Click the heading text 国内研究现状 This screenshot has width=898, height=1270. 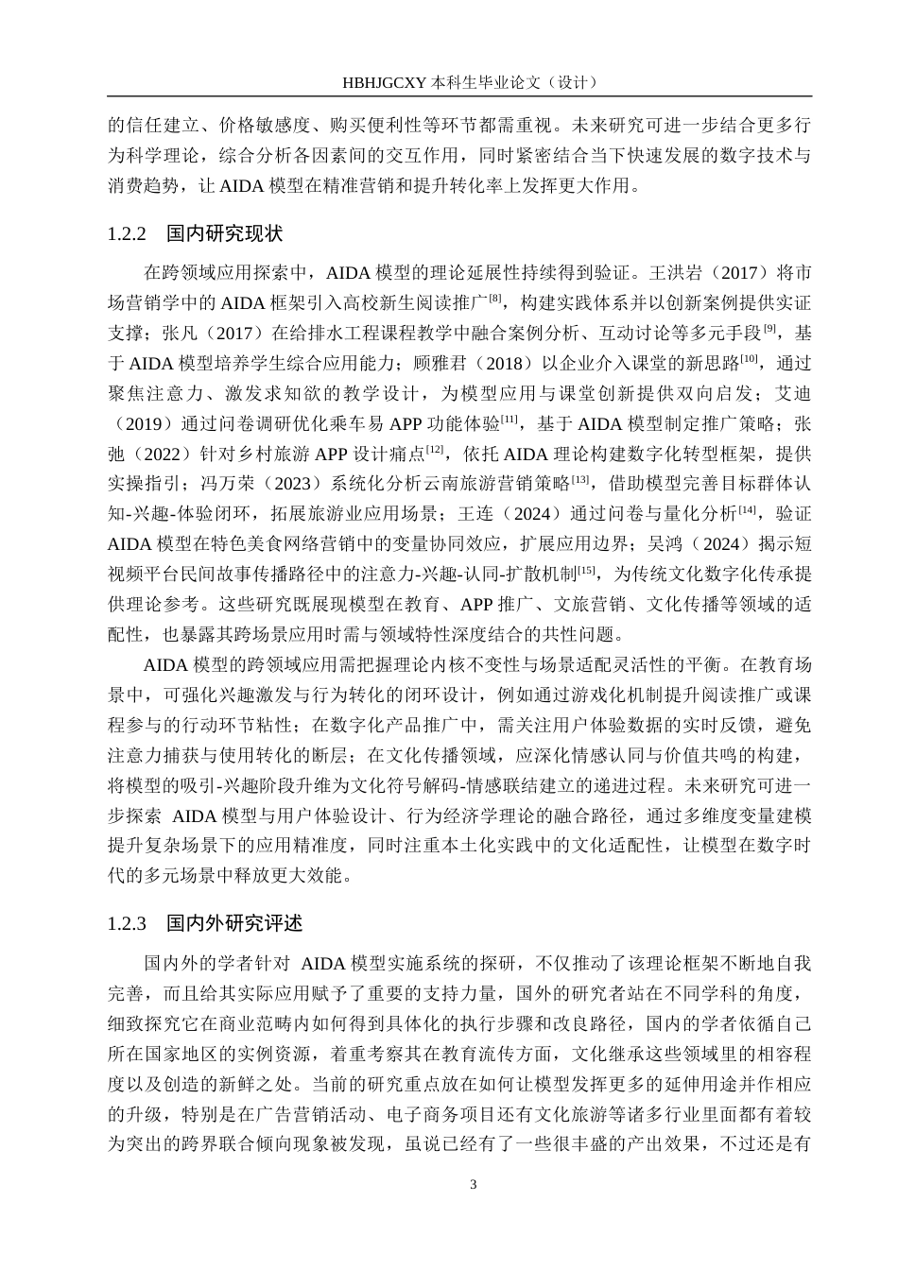click(x=224, y=232)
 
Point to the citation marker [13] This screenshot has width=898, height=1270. click(x=580, y=479)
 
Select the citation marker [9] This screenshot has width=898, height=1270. click(x=769, y=327)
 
